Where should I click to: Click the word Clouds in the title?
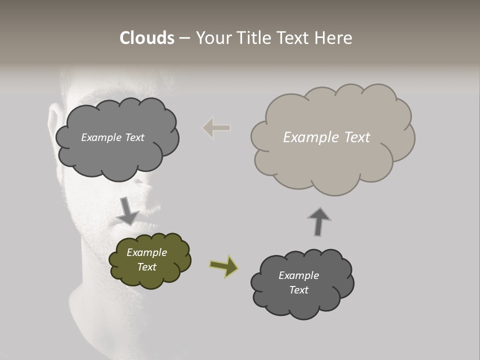point(146,38)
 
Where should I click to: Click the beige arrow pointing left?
point(216,128)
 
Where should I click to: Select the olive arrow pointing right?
point(223,265)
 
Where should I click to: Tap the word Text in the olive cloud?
point(146,267)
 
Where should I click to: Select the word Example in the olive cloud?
point(146,252)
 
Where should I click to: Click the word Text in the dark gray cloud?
point(298,290)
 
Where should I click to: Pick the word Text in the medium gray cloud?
point(134,137)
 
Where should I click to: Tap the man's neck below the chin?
point(100,300)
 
